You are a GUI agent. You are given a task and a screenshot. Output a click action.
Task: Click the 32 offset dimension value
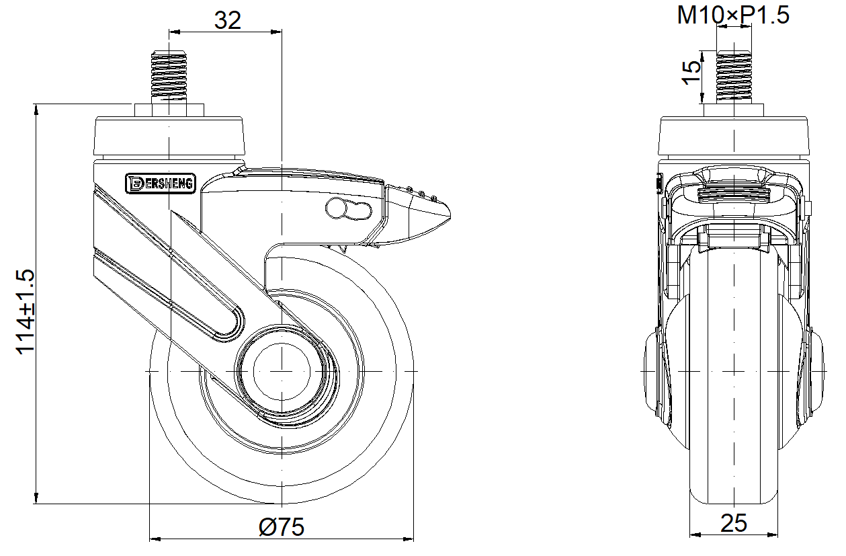click(x=227, y=20)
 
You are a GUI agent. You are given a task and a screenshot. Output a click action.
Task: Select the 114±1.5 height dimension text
click(x=26, y=312)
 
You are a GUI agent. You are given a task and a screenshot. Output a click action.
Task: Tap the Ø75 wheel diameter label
click(x=282, y=526)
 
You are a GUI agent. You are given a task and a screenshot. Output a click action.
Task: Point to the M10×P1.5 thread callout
click(x=733, y=15)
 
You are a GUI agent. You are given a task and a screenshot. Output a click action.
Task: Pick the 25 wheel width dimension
click(x=734, y=523)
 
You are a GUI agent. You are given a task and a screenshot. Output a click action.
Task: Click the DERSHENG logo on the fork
click(x=161, y=184)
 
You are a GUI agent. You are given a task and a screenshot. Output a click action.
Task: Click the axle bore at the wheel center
click(x=282, y=372)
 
